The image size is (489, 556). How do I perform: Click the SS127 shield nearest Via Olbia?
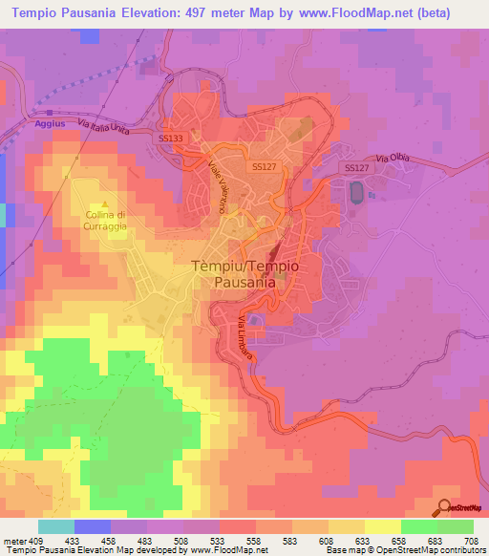(x=355, y=168)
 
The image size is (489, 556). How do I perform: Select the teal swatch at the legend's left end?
(x=55, y=526)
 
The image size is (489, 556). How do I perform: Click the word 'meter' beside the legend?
(x=14, y=540)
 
